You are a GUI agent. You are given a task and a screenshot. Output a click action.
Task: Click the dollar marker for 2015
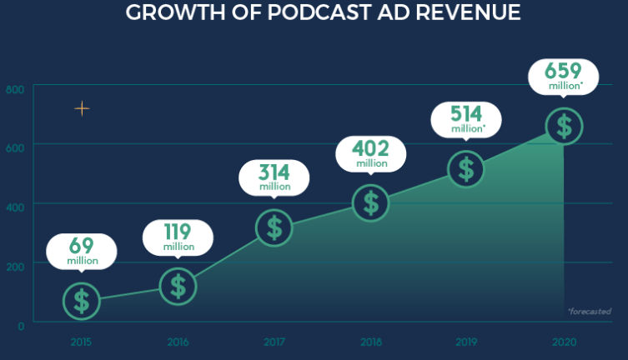pyautogui.click(x=81, y=301)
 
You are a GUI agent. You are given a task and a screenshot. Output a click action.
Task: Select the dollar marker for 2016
pyautogui.click(x=178, y=285)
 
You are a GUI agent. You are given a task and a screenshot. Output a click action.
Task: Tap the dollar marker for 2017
pyautogui.click(x=274, y=227)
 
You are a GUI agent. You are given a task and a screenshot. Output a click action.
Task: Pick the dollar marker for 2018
pyautogui.click(x=370, y=202)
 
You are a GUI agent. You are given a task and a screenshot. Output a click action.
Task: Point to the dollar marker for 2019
pyautogui.click(x=466, y=169)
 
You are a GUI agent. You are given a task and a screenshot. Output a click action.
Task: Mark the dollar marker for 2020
pyautogui.click(x=564, y=127)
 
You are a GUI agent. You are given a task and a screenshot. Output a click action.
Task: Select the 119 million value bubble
pyautogui.click(x=178, y=237)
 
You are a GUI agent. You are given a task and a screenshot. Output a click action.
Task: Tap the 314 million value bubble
pyautogui.click(x=274, y=177)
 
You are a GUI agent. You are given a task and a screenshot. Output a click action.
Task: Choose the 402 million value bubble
pyautogui.click(x=370, y=154)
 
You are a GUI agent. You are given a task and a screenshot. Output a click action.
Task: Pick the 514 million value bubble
pyautogui.click(x=466, y=119)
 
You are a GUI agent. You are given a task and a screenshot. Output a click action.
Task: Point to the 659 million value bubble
pyautogui.click(x=564, y=76)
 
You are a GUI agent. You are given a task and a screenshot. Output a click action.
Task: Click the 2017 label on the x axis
pyautogui.click(x=274, y=342)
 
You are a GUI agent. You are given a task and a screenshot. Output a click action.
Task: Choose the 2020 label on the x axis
pyautogui.click(x=564, y=342)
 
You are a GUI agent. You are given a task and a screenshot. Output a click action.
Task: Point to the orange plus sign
pyautogui.click(x=82, y=108)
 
